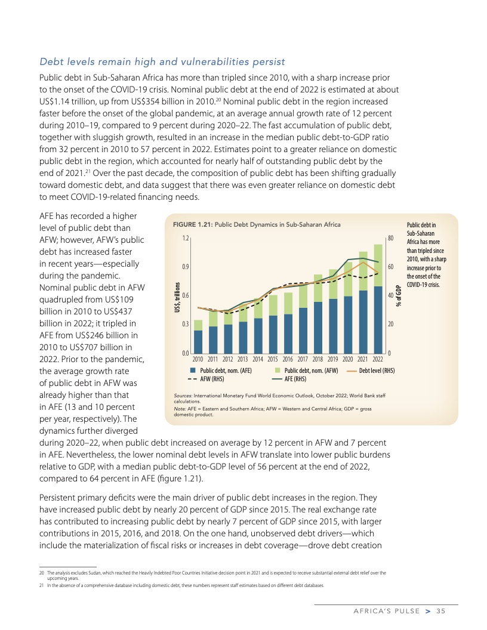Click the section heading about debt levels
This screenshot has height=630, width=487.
pyautogui.click(x=162, y=61)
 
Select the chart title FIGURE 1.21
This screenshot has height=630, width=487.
pyautogui.click(x=256, y=225)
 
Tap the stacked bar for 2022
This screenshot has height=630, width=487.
pyautogui.click(x=378, y=298)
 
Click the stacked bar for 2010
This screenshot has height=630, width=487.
pyautogui.click(x=198, y=337)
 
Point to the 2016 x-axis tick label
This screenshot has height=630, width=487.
pyautogui.click(x=288, y=359)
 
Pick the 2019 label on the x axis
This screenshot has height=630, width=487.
pyautogui.click(x=332, y=359)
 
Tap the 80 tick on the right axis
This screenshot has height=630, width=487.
pyautogui.click(x=390, y=238)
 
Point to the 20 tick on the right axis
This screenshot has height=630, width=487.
pyautogui.click(x=390, y=325)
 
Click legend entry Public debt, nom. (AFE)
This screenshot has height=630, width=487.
pyautogui.click(x=221, y=370)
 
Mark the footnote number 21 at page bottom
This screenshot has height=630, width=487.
pyautogui.click(x=41, y=585)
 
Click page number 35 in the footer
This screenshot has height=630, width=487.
pyautogui.click(x=441, y=610)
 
